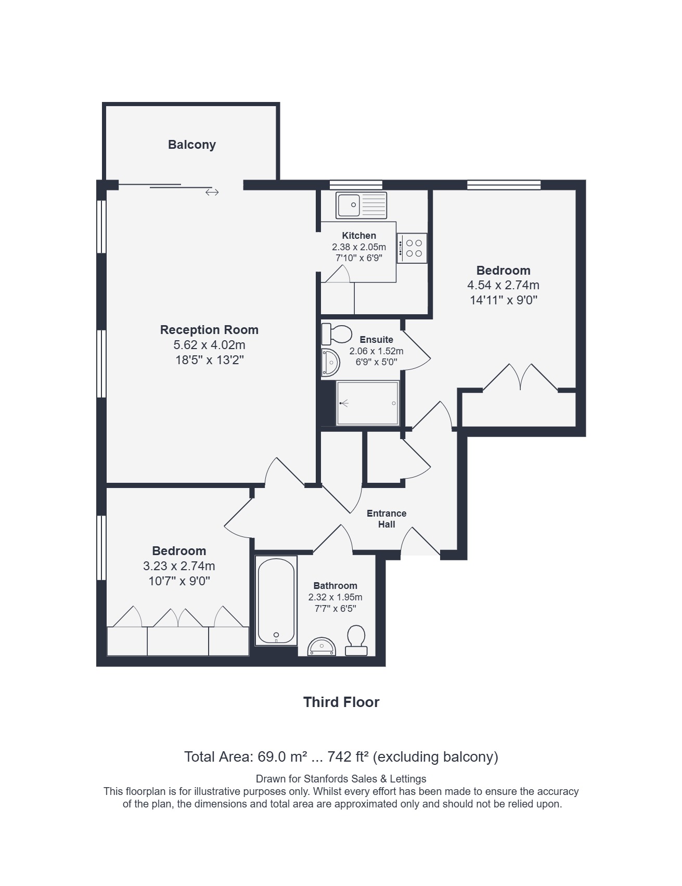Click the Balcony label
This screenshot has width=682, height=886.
point(191,145)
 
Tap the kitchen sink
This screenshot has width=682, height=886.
point(361,205)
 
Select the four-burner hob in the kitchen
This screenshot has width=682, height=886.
point(412,248)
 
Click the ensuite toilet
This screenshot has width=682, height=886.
point(336,334)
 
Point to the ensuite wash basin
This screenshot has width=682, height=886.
point(330,363)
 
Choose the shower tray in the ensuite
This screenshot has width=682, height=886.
point(368,403)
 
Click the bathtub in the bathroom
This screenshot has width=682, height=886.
point(276,601)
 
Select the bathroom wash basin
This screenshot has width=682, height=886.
point(321,647)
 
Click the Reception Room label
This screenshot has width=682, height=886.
point(209,330)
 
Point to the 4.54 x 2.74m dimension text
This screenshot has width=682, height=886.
point(503,285)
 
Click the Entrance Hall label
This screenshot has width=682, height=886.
point(387,519)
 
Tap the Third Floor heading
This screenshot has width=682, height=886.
point(341,702)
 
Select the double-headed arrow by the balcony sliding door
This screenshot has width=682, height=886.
point(212,192)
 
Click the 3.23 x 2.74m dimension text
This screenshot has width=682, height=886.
point(179,566)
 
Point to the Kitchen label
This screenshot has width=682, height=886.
point(359,236)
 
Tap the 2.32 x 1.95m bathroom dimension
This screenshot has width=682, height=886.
point(336,597)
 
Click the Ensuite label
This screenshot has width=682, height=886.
point(376,340)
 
